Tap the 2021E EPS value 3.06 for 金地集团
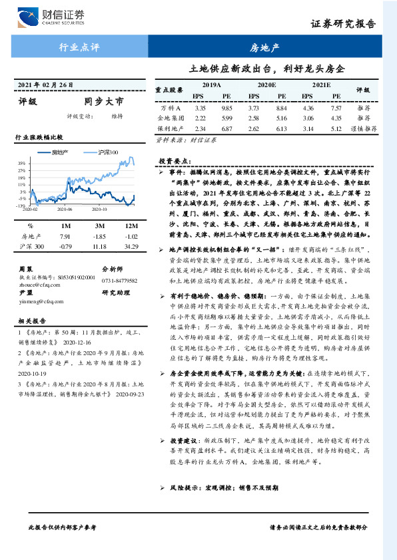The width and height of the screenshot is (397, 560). pyautogui.click(x=308, y=118)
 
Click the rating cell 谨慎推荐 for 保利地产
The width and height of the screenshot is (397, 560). pyautogui.click(x=363, y=128)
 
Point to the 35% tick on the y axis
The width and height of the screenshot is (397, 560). pyautogui.click(x=22, y=163)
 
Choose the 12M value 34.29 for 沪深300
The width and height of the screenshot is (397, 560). pyautogui.click(x=131, y=247)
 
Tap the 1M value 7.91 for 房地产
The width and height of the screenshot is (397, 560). pyautogui.click(x=65, y=236)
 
